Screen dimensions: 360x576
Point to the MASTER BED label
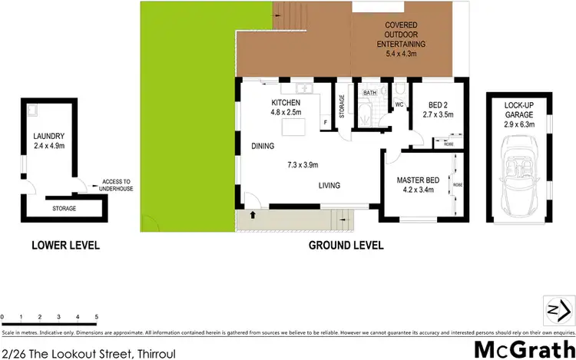(416, 180)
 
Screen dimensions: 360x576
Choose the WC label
(399, 104)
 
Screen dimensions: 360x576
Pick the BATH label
(370, 93)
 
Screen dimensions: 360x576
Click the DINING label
(263, 145)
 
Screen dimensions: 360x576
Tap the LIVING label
(329, 185)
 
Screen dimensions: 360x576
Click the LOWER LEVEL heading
(65, 246)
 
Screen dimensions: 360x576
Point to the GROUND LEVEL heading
(346, 246)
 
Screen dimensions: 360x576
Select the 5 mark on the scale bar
(96, 316)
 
